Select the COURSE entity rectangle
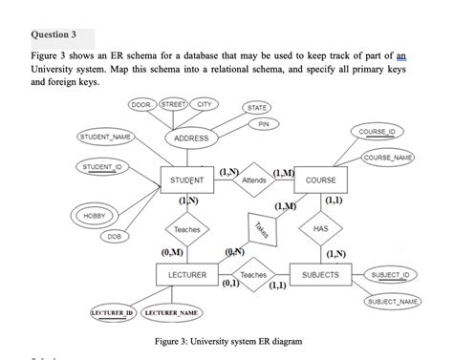pyautogui.click(x=320, y=180)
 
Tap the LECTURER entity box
pyautogui.click(x=186, y=275)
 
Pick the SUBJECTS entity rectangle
pyautogui.click(x=319, y=275)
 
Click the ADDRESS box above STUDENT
pyautogui.click(x=191, y=138)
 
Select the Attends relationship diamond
pyautogui.click(x=254, y=180)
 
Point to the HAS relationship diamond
pyautogui.click(x=320, y=228)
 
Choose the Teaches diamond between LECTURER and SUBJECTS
pyautogui.click(x=254, y=275)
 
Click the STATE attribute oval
pyautogui.click(x=256, y=107)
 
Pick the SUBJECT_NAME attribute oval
pyautogui.click(x=393, y=302)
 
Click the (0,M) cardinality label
pyautogui.click(x=175, y=253)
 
